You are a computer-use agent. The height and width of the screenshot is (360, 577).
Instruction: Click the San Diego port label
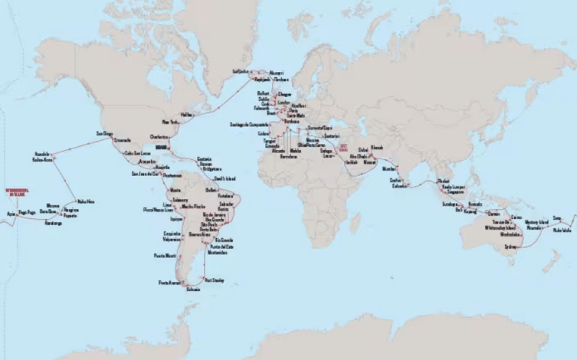tap(104, 132)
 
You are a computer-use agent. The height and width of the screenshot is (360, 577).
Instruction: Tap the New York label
tap(171, 121)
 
